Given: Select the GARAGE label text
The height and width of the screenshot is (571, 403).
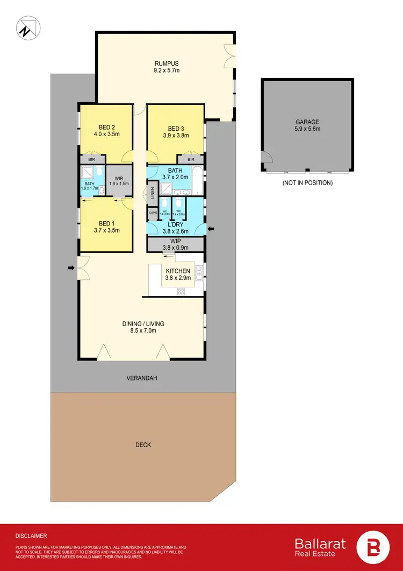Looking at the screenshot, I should pyautogui.click(x=307, y=122).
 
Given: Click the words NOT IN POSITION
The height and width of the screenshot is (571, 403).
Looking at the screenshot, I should pyautogui.click(x=307, y=183).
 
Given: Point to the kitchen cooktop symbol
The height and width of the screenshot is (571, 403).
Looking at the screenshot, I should pyautogui.click(x=181, y=292).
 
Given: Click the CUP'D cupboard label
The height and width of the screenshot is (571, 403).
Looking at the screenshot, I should pyautogui.click(x=153, y=214).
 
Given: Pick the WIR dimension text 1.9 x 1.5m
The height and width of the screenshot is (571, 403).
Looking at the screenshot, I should pyautogui.click(x=119, y=184).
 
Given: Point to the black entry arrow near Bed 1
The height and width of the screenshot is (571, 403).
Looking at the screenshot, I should pyautogui.click(x=71, y=267).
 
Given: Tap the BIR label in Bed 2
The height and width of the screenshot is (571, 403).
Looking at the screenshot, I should pyautogui.click(x=92, y=159).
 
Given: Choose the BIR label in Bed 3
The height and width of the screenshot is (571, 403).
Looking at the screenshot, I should pyautogui.click(x=191, y=159).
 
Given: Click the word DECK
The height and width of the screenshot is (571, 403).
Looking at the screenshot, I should pyautogui.click(x=143, y=445).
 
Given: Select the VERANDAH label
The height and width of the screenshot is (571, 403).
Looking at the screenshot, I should pyautogui.click(x=142, y=378).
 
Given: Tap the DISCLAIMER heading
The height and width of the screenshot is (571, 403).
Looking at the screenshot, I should pyautogui.click(x=31, y=536).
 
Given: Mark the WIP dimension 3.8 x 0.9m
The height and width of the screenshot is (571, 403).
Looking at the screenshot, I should pyautogui.click(x=176, y=249).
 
